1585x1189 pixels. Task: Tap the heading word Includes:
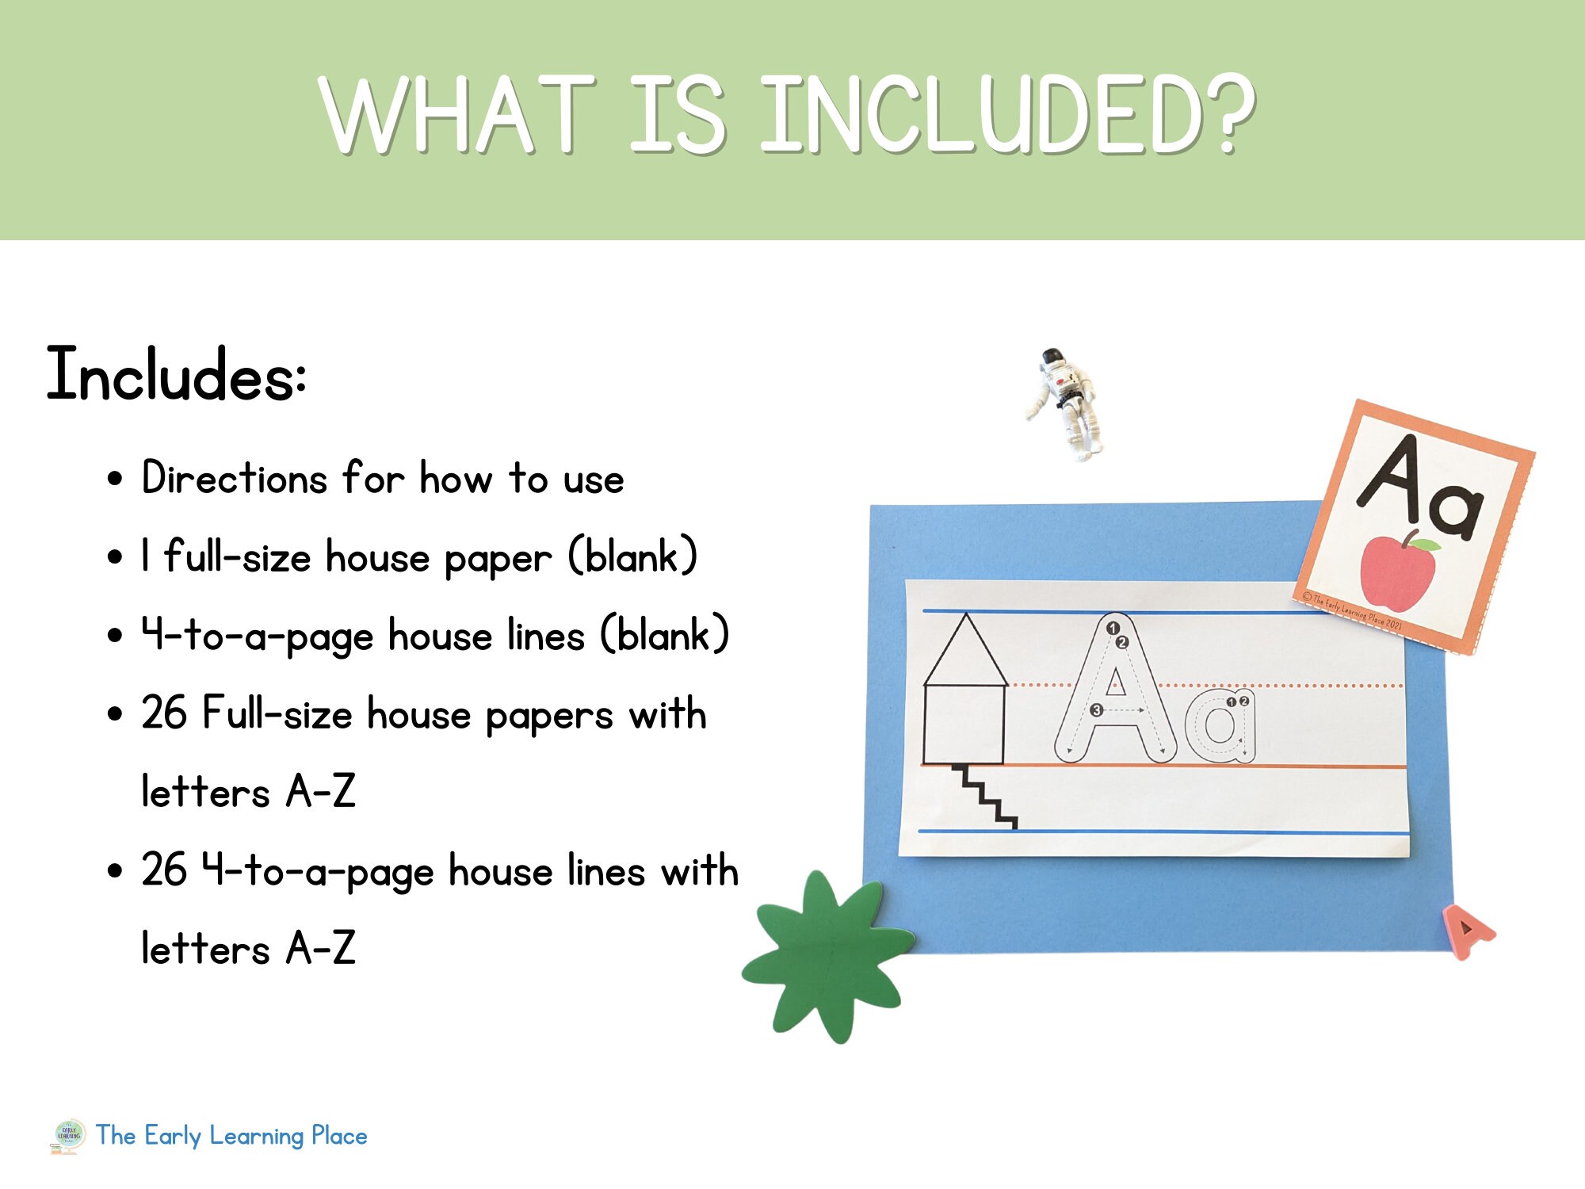pyautogui.click(x=176, y=374)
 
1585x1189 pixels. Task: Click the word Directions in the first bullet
pyautogui.click(x=234, y=479)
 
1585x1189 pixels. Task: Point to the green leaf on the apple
pyautogui.click(x=1426, y=545)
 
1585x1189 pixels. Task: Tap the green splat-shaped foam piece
pyautogui.click(x=827, y=955)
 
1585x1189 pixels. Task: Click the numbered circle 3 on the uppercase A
pyautogui.click(x=1097, y=710)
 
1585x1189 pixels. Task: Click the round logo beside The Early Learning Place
pyautogui.click(x=69, y=1134)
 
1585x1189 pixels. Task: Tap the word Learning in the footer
pyautogui.click(x=257, y=1136)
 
